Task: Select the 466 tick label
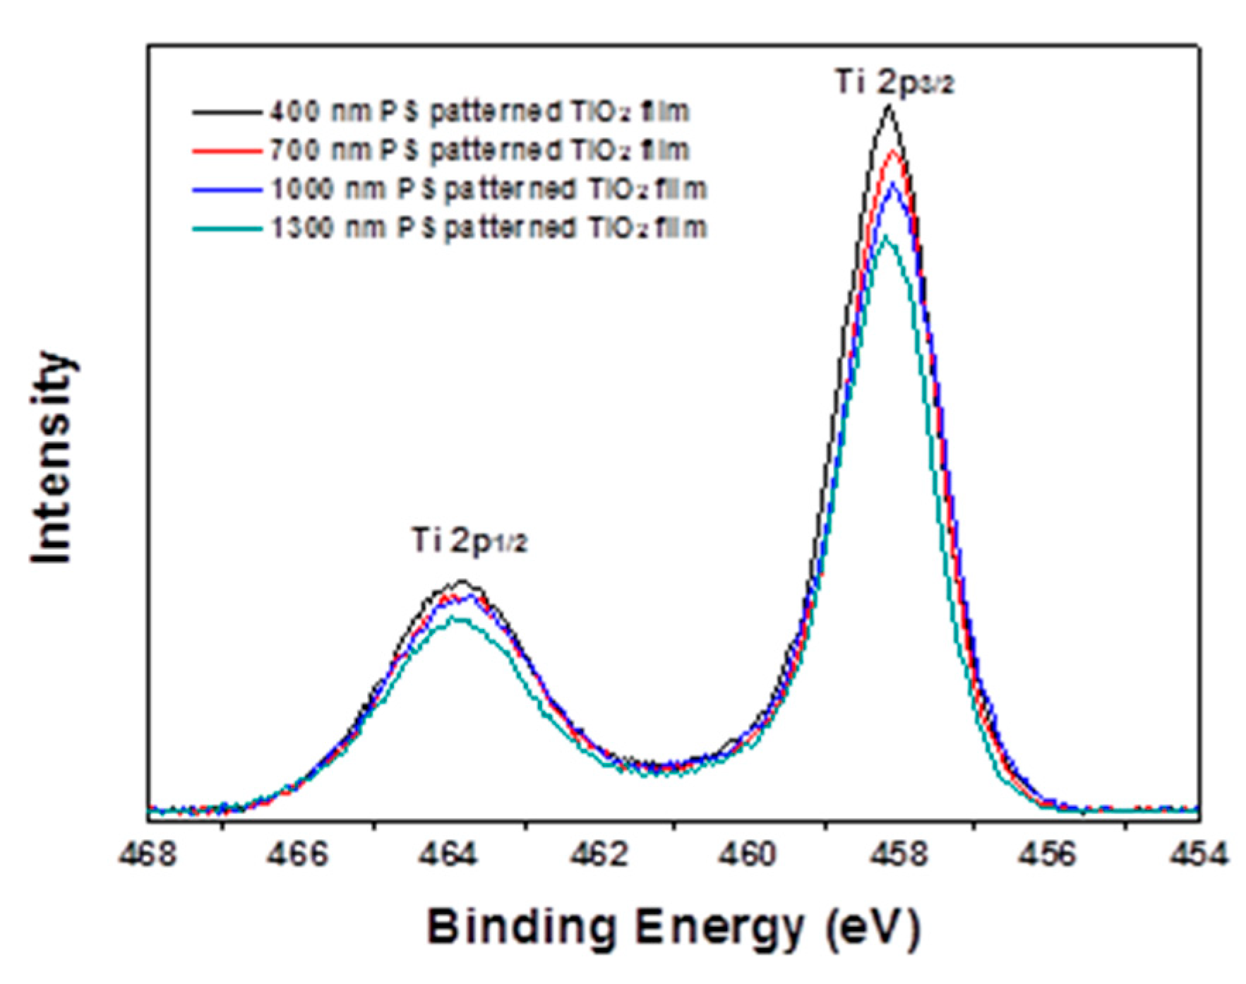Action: pyautogui.click(x=299, y=855)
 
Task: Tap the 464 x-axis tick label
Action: pyautogui.click(x=448, y=855)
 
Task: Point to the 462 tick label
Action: pyautogui.click(x=599, y=855)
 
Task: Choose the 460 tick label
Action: pyautogui.click(x=748, y=855)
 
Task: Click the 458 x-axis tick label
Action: pyautogui.click(x=898, y=855)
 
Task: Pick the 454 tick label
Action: pyautogui.click(x=1198, y=855)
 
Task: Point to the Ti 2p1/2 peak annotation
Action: pyautogui.click(x=469, y=541)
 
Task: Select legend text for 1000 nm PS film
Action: pyautogui.click(x=489, y=189)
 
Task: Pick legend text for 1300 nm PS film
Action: pyautogui.click(x=489, y=228)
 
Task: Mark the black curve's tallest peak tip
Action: pyautogui.click(x=889, y=107)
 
